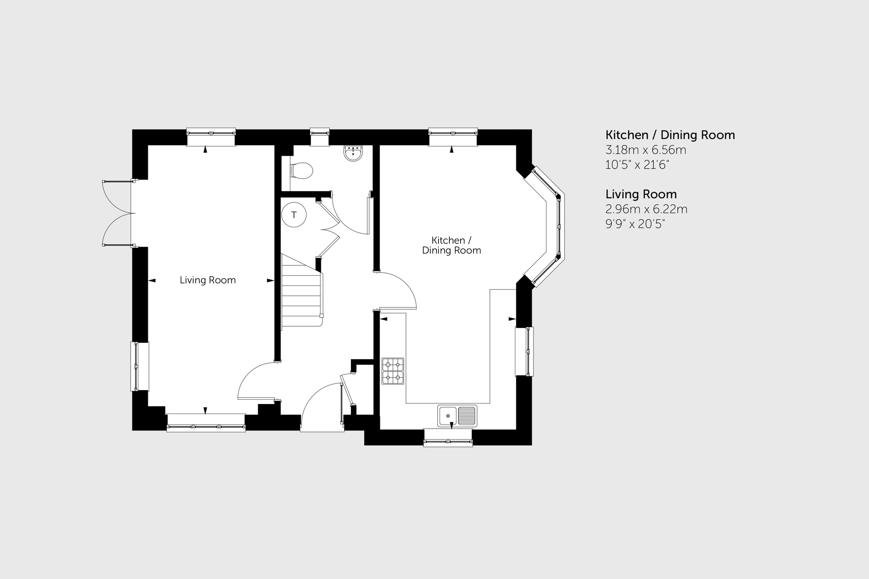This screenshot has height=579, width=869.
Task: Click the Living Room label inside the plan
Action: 208,280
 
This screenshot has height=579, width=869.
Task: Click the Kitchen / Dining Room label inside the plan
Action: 451,246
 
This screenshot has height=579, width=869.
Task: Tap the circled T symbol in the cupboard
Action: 294,215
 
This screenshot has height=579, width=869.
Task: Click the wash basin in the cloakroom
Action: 353,153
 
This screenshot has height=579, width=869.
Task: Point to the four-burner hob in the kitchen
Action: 392,371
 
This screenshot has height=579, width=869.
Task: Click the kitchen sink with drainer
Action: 457,416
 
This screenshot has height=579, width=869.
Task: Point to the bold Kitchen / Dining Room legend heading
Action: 670,135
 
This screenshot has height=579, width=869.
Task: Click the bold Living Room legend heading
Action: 641,194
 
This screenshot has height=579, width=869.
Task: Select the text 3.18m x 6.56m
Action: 646,150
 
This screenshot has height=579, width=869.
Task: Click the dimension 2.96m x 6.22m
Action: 646,209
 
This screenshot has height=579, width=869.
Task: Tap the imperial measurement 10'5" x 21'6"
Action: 637,165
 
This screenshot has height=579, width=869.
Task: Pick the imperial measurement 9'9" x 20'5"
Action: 635,224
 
